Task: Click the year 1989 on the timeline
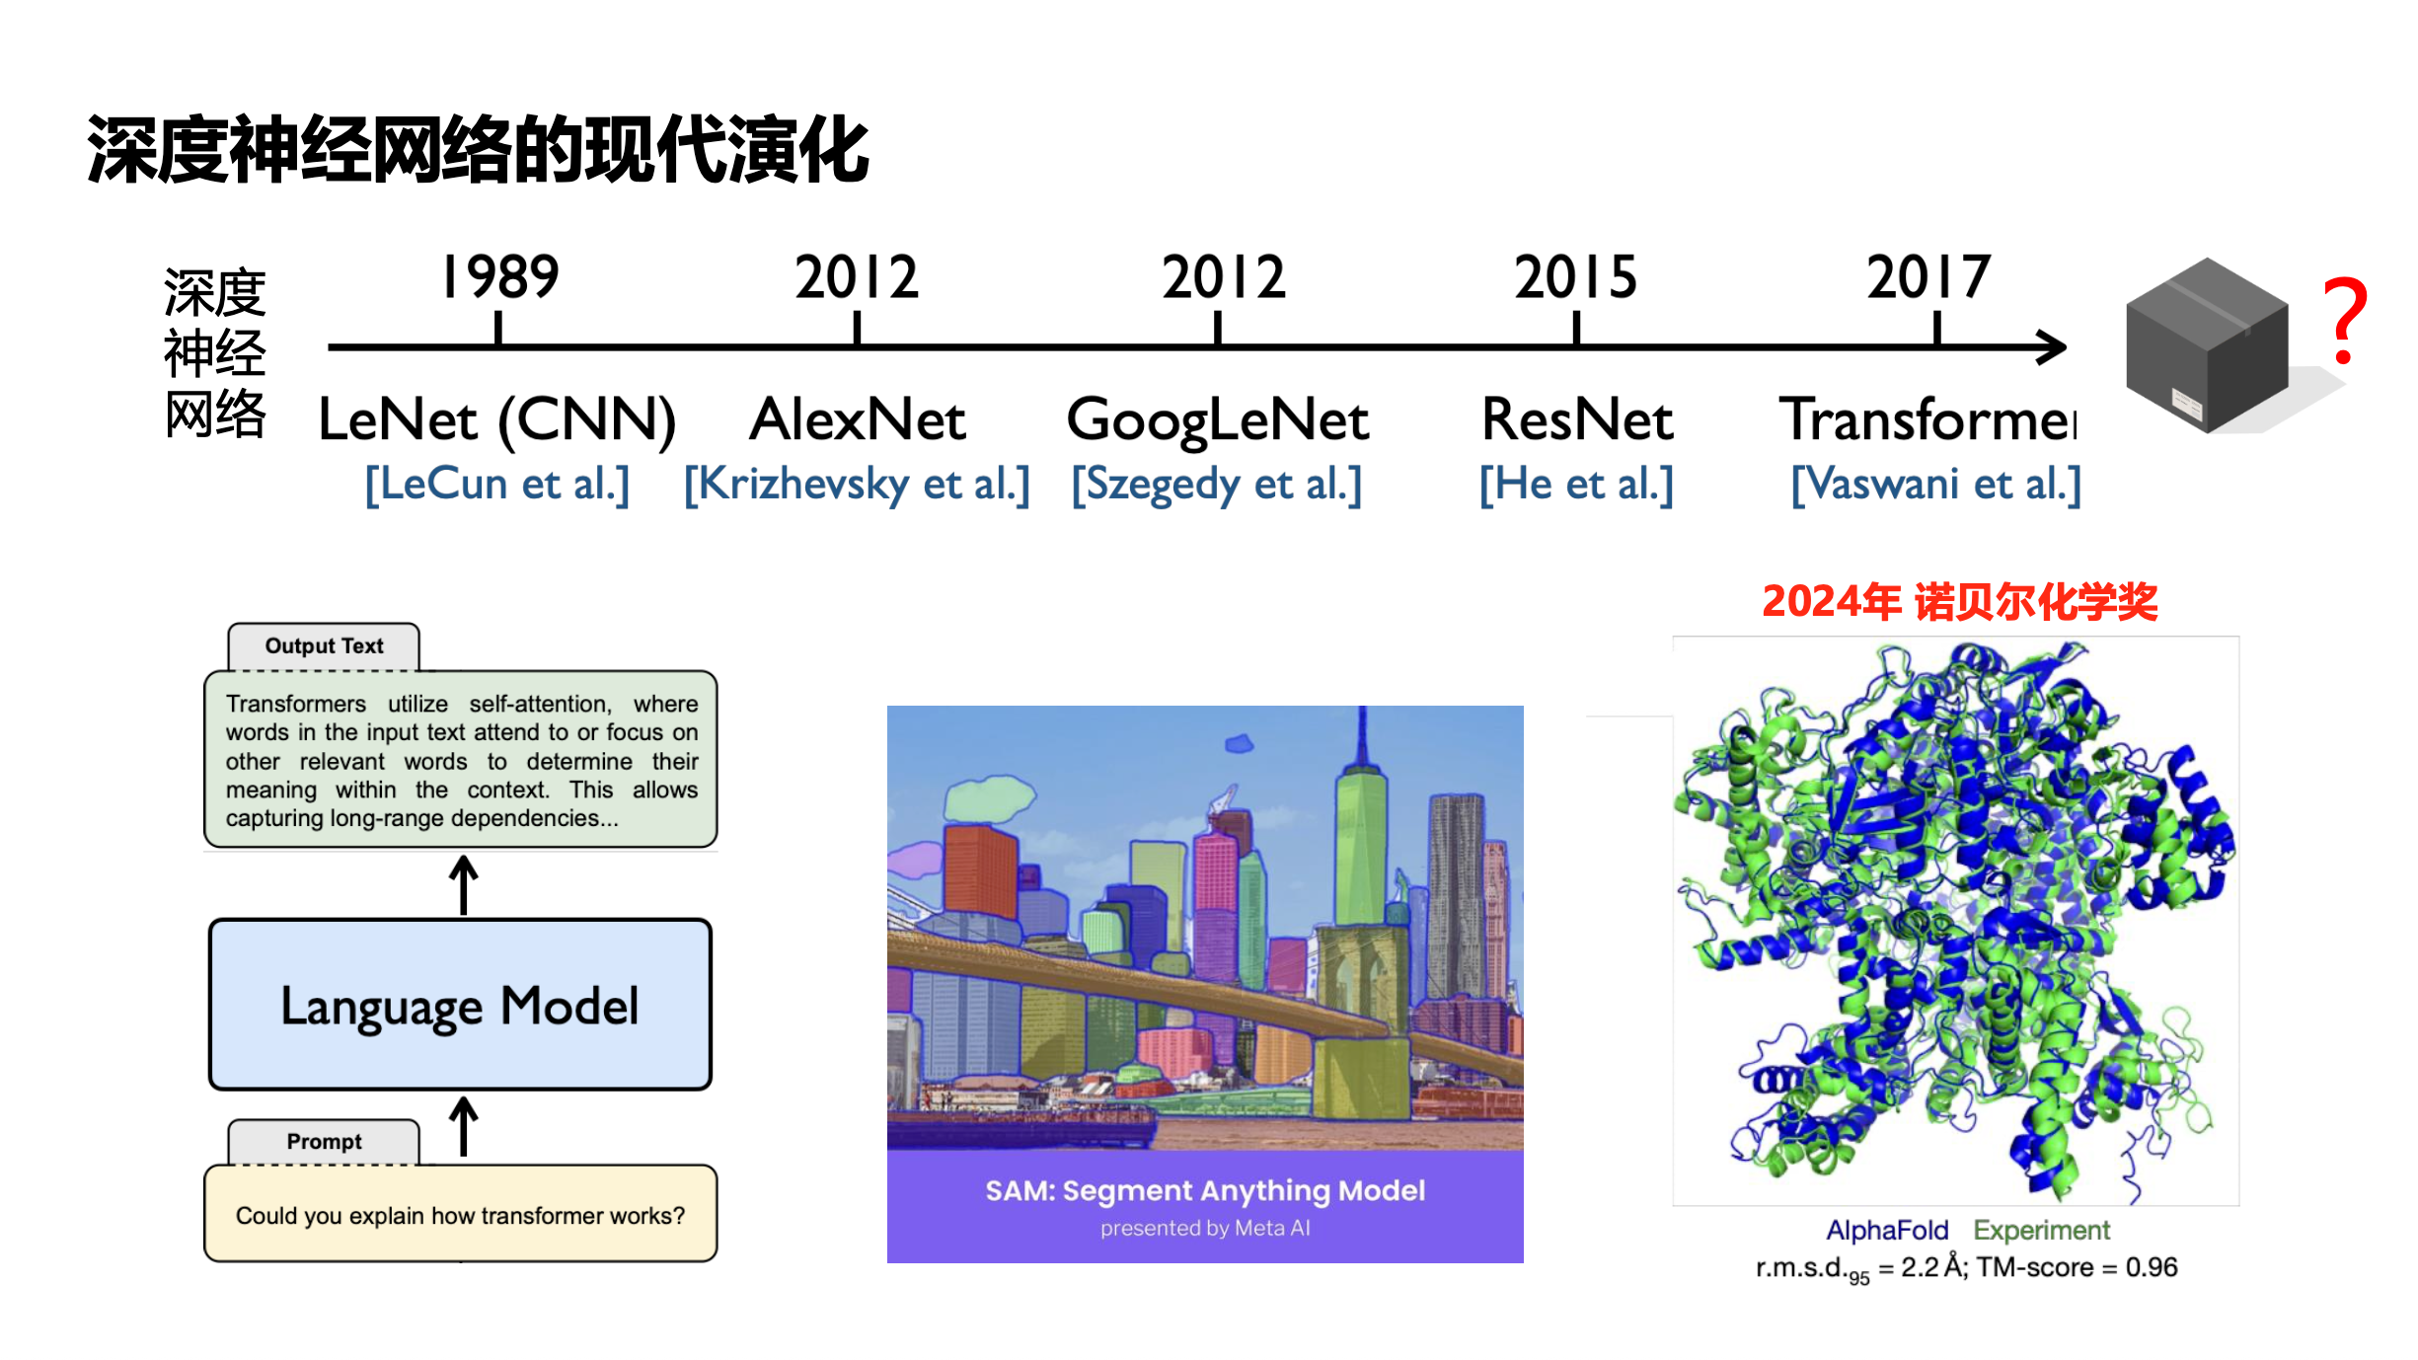tap(500, 276)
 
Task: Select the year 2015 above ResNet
tap(1576, 277)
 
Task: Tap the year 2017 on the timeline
tap(1928, 277)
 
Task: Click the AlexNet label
tap(857, 419)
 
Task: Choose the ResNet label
tap(1577, 419)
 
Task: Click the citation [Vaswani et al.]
tap(1935, 485)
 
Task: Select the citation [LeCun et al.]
tap(497, 485)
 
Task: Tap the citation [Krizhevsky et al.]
tap(857, 485)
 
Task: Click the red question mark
tap(2345, 321)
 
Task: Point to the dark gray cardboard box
tap(2208, 344)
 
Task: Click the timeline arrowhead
tap(2053, 346)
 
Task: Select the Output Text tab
tap(324, 646)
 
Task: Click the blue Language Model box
tap(460, 1005)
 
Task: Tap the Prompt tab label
tap(324, 1142)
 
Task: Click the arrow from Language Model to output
tap(464, 884)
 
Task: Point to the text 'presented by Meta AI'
tap(1205, 1229)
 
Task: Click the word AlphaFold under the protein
tap(1887, 1231)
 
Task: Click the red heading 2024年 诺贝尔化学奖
tap(1960, 601)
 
